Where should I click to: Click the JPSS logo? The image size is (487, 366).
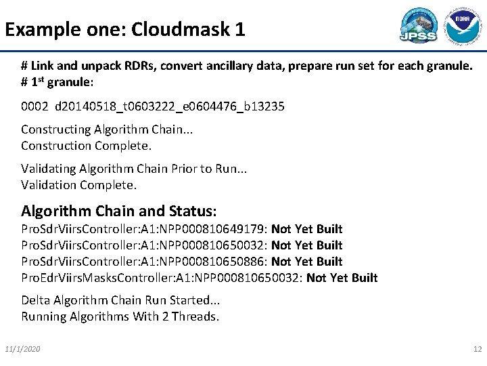[x=418, y=26]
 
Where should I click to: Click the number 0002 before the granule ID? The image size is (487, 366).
[x=34, y=107]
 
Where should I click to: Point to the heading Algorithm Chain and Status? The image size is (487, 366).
[x=119, y=210]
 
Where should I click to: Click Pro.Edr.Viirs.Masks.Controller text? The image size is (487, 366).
[x=95, y=278]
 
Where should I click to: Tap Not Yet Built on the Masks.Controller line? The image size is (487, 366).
[x=342, y=278]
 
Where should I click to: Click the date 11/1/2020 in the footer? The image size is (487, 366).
[x=22, y=348]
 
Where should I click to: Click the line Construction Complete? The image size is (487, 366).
[x=87, y=146]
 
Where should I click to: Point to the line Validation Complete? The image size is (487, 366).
[x=79, y=185]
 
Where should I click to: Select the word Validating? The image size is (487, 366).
[x=49, y=169]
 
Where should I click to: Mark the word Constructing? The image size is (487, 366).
[x=56, y=129]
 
